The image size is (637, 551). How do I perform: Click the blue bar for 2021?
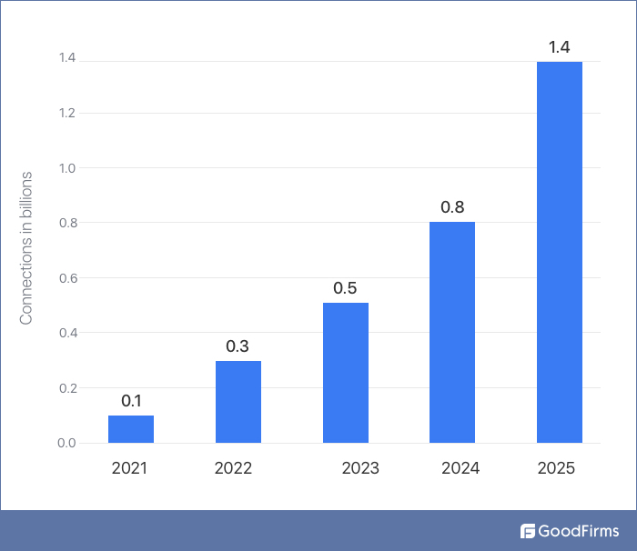pyautogui.click(x=131, y=429)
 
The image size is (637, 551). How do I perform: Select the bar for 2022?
pyautogui.click(x=238, y=402)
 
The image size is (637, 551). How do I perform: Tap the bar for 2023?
pyautogui.click(x=346, y=373)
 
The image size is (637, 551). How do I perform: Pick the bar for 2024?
pyautogui.click(x=452, y=332)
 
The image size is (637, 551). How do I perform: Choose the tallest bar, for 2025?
pyautogui.click(x=560, y=252)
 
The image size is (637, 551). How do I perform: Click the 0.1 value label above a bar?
pyautogui.click(x=131, y=401)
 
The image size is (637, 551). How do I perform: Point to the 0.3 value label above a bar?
pyautogui.click(x=238, y=346)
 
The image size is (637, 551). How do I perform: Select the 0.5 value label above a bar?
pyautogui.click(x=345, y=288)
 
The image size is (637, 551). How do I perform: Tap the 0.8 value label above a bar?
pyautogui.click(x=452, y=207)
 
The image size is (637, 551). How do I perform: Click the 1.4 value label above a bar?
pyautogui.click(x=560, y=47)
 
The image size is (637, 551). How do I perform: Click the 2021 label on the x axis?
pyautogui.click(x=129, y=469)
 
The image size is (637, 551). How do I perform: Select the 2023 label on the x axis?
pyautogui.click(x=360, y=469)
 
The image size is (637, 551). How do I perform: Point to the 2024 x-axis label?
pyautogui.click(x=460, y=469)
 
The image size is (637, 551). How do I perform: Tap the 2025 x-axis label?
pyautogui.click(x=556, y=469)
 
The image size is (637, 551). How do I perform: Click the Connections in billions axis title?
pyautogui.click(x=26, y=247)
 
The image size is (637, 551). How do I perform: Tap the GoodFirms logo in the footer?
pyautogui.click(x=570, y=531)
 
